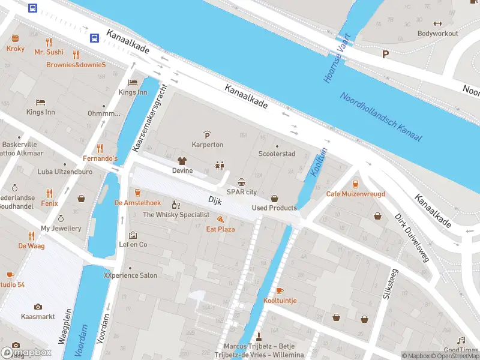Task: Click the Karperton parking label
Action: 208,145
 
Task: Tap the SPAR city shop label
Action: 242,191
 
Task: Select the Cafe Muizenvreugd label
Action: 355,194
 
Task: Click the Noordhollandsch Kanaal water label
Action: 381,117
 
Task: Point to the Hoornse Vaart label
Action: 335,60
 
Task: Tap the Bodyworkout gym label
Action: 437,34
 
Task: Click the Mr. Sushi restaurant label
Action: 49,52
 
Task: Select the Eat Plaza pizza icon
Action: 220,220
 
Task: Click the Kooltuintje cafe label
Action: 280,300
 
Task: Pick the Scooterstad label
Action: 277,154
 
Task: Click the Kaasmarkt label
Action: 38,316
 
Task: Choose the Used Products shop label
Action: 274,208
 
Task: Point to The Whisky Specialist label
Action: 176,214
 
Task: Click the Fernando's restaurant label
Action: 100,158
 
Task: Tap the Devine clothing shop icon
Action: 182,161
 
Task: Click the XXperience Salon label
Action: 130,275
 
